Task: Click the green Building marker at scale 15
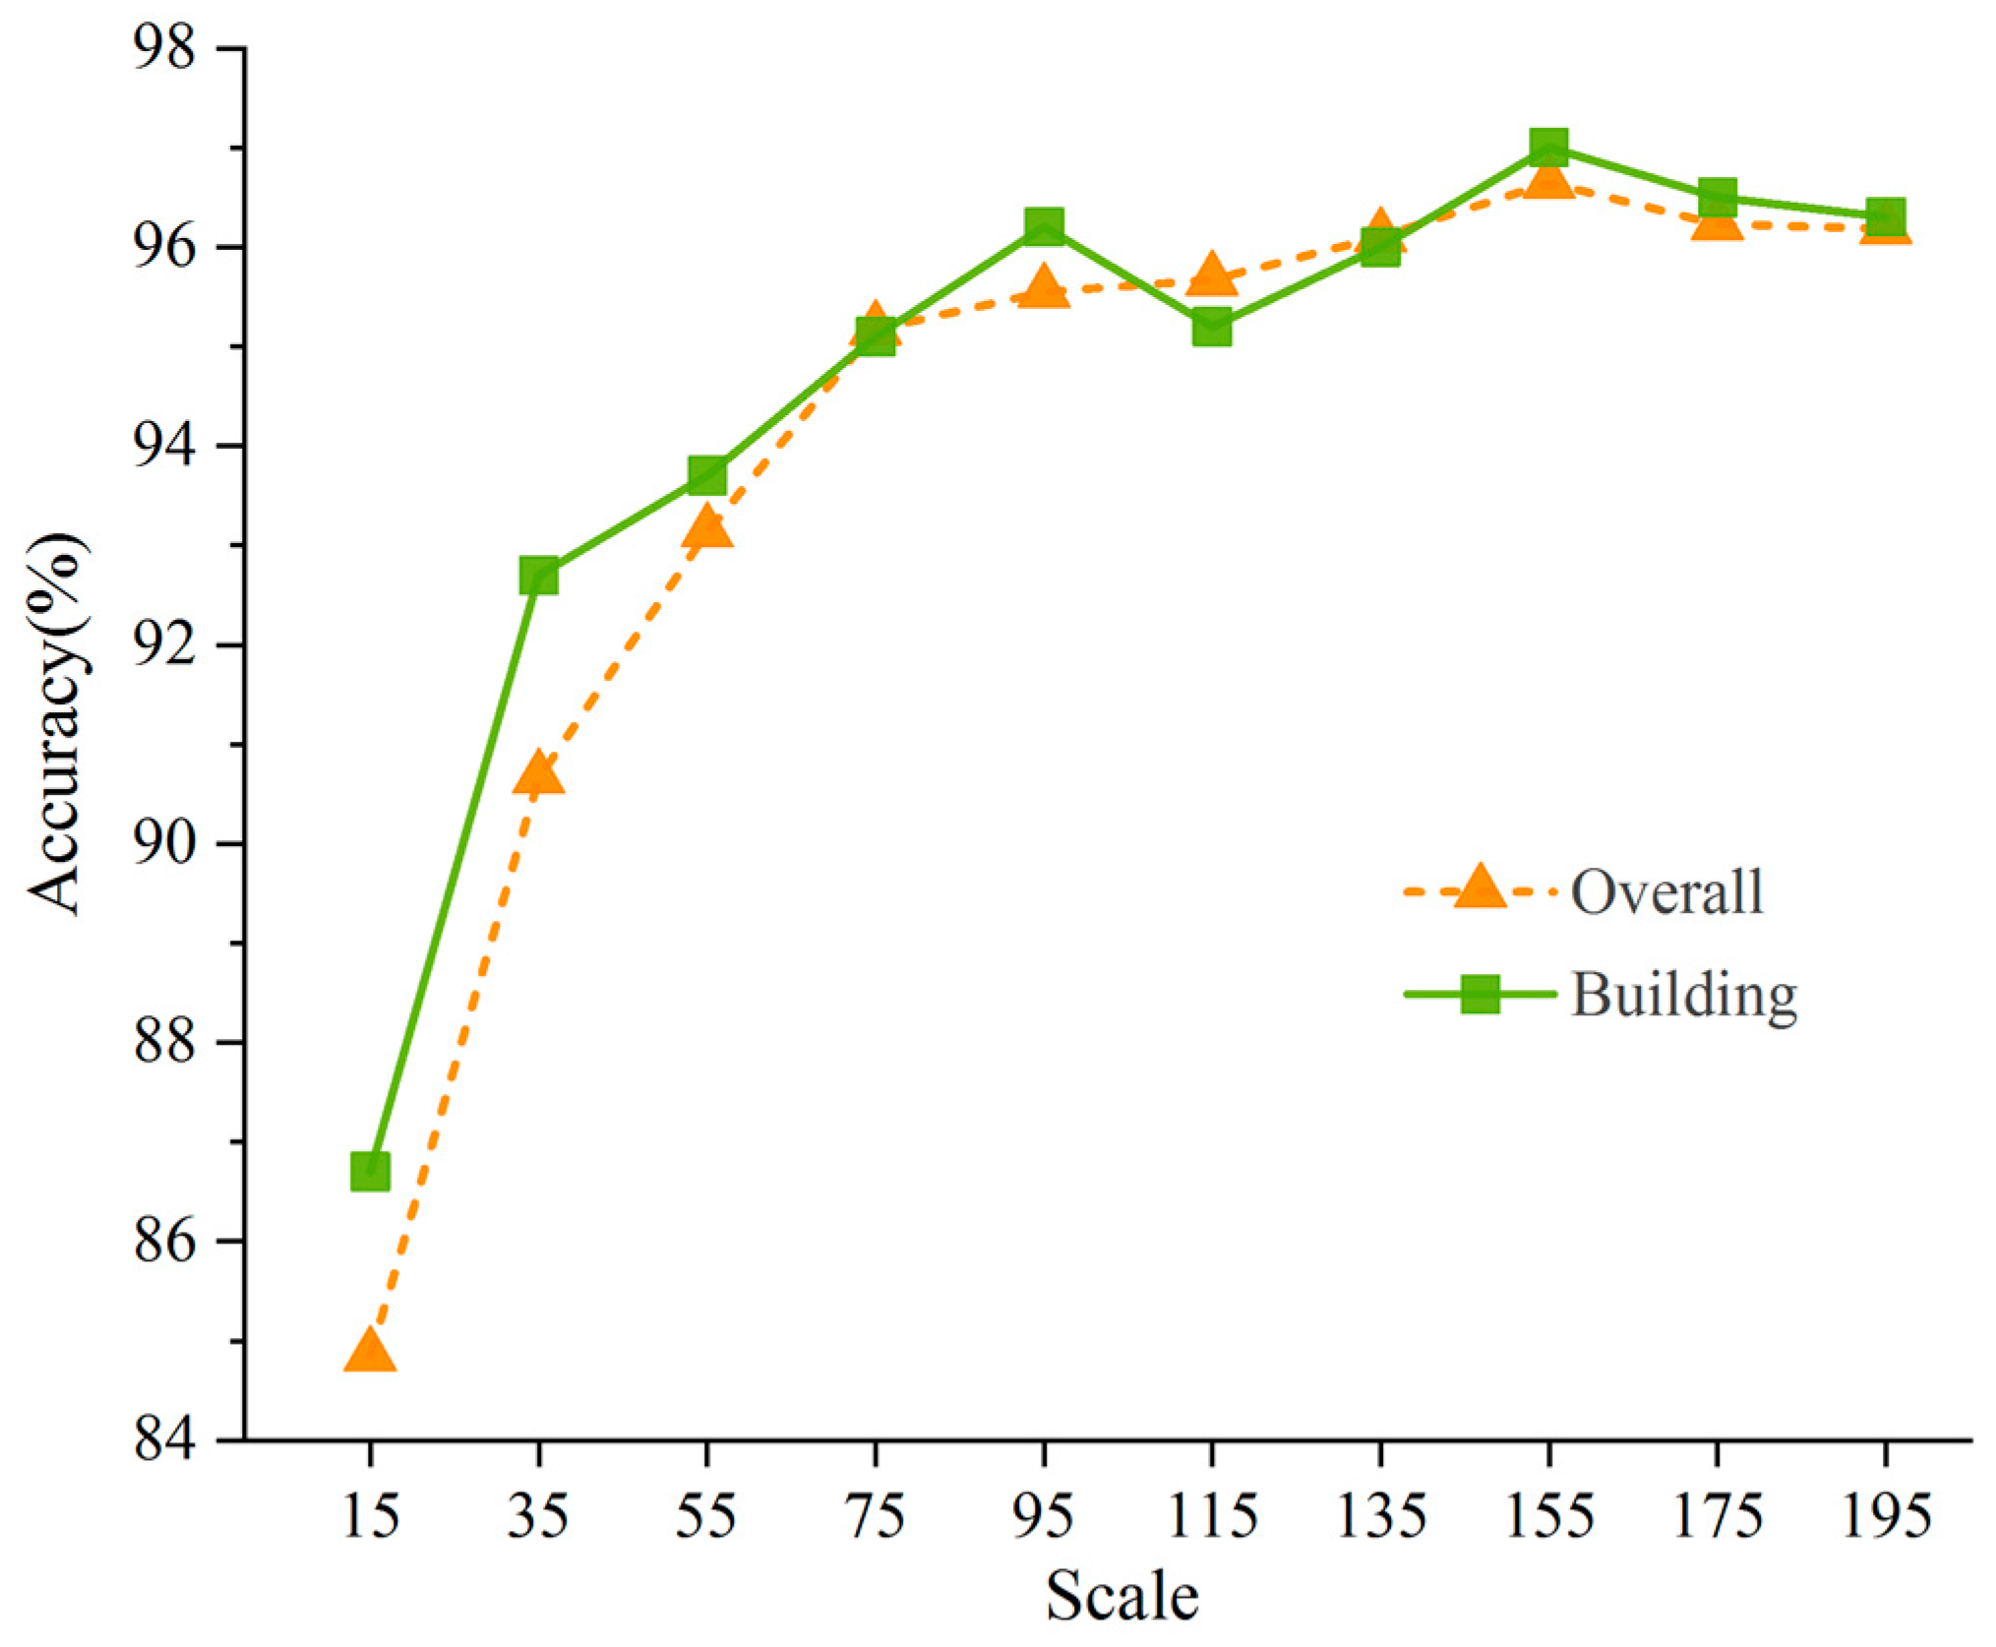370,1172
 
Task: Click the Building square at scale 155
1548,147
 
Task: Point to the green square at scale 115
1212,327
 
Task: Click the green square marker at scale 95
1044,225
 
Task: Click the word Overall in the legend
1666,891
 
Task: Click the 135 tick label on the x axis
1380,1516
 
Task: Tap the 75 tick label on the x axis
876,1516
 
